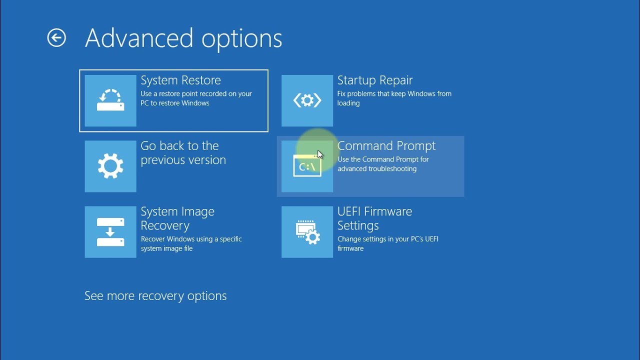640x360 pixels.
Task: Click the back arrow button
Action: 56,37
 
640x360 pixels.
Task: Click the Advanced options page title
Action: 183,38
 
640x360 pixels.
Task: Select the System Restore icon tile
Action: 110,100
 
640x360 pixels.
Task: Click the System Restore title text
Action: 180,80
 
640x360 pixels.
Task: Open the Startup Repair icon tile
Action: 307,100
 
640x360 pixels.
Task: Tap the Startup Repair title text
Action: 375,80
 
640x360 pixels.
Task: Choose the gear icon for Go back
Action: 110,166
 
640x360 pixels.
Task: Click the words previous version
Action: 183,160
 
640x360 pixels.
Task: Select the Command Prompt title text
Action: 386,146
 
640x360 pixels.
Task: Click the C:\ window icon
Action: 307,165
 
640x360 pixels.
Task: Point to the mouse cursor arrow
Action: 320,154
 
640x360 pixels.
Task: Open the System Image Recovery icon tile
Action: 110,232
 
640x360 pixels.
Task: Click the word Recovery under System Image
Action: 165,225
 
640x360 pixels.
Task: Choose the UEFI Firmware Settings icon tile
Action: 307,232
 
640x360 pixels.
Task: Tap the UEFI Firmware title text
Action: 374,211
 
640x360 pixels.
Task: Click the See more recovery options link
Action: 155,296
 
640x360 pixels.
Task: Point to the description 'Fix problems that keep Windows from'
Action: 394,93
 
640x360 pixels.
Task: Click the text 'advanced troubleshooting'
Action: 377,168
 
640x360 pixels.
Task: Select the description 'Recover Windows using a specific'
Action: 191,239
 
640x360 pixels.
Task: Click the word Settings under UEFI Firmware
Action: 358,225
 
